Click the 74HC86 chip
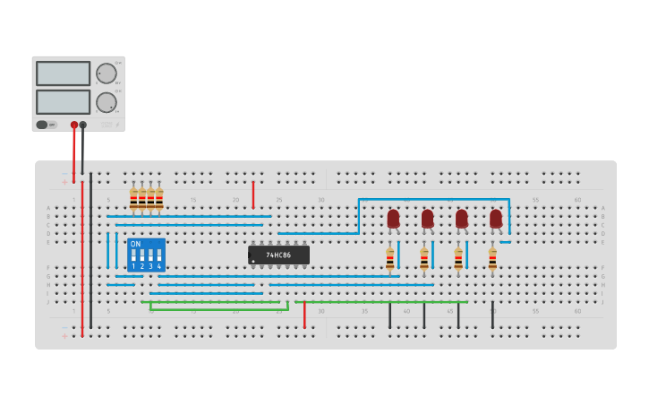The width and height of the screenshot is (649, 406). [278, 255]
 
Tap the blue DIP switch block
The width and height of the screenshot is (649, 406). [146, 255]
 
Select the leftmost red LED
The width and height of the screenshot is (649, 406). [393, 219]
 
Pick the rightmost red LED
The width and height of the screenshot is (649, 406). [496, 219]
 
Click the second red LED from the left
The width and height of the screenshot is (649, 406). [427, 219]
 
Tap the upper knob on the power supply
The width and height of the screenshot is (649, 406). [106, 73]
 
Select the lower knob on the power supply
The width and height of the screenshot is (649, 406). [106, 102]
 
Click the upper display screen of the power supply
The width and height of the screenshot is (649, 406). [63, 73]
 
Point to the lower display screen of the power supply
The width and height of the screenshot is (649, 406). [63, 101]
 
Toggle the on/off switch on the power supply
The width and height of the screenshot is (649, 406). [42, 125]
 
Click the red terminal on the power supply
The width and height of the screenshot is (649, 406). [74, 125]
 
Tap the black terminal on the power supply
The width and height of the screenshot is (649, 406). [83, 125]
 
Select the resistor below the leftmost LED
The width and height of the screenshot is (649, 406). [389, 260]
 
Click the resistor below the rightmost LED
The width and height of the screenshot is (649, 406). [492, 260]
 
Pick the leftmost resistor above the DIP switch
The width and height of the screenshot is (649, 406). [133, 199]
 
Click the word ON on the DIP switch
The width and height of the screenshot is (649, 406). [135, 244]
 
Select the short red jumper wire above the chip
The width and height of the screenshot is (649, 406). [252, 194]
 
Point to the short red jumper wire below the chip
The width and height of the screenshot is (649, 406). [304, 315]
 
